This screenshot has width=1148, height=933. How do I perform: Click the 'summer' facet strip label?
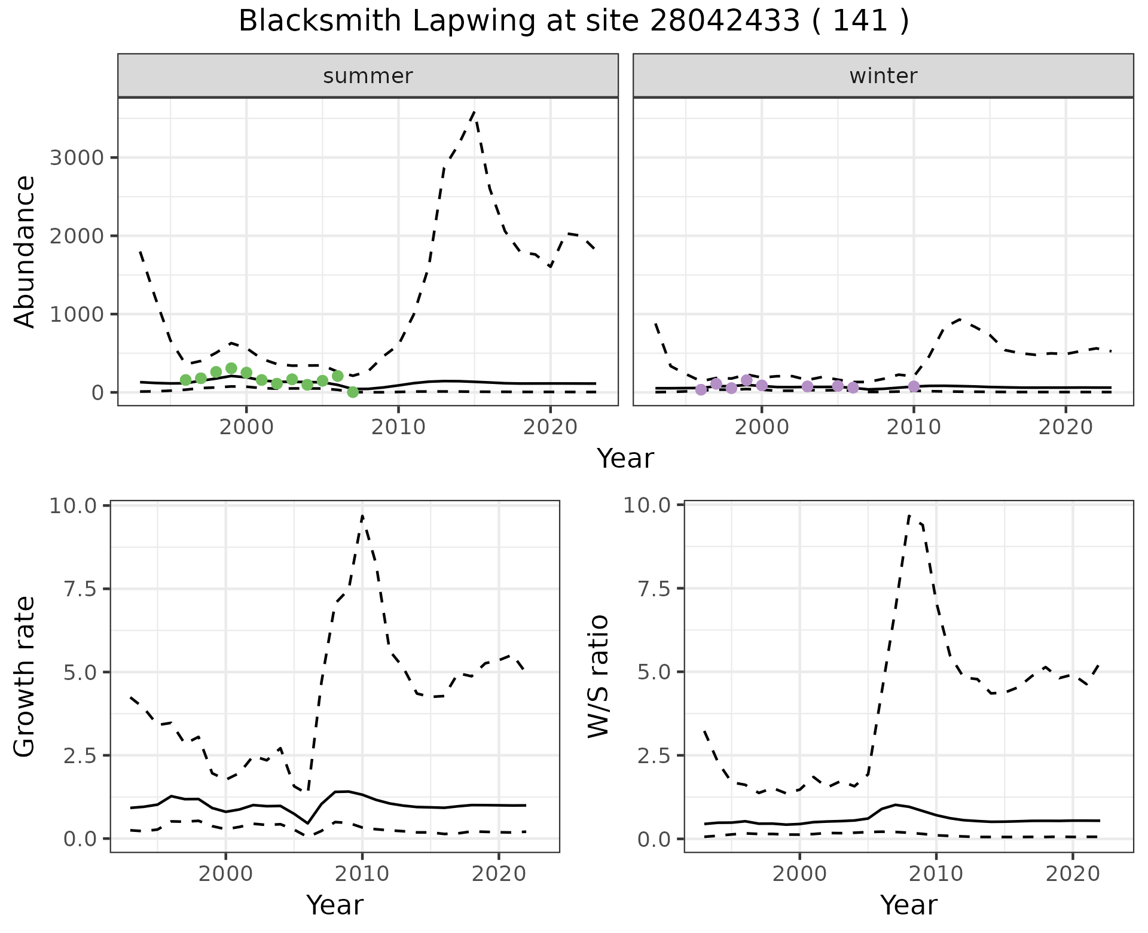(x=368, y=76)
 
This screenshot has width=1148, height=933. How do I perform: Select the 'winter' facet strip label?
(x=883, y=76)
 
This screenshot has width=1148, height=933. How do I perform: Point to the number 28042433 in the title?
(x=724, y=22)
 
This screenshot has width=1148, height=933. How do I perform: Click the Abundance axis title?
(x=25, y=251)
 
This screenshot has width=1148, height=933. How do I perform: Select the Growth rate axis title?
(x=25, y=676)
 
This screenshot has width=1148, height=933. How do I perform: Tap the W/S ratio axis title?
(x=599, y=676)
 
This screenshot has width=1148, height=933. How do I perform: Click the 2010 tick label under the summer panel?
(x=398, y=427)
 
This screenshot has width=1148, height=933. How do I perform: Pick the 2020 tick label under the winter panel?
(x=1065, y=427)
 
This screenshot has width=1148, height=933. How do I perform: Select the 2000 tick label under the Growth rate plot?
(x=225, y=873)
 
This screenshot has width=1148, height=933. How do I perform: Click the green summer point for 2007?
(x=353, y=392)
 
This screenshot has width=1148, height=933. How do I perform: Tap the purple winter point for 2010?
(x=914, y=386)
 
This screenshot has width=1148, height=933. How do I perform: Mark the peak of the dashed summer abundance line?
(x=475, y=111)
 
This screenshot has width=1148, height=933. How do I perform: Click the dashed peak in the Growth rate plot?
(x=362, y=515)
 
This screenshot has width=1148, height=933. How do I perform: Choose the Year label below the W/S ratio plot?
(x=908, y=905)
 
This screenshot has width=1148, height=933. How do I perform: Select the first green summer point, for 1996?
(x=185, y=380)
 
